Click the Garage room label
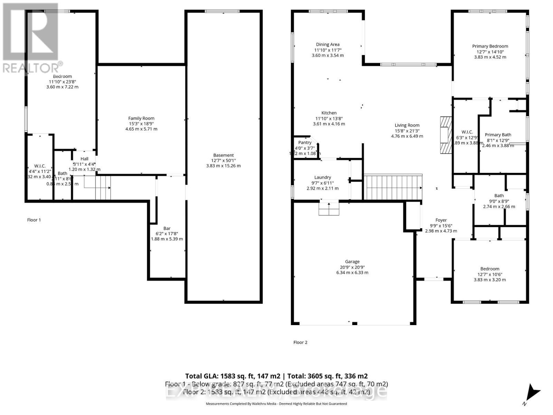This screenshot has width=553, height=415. pyautogui.click(x=352, y=262)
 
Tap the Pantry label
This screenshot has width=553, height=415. pyautogui.click(x=305, y=142)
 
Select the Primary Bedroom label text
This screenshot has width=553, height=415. pyautogui.click(x=490, y=46)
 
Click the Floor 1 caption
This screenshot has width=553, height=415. pyautogui.click(x=34, y=220)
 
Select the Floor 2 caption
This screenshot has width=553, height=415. pyautogui.click(x=300, y=342)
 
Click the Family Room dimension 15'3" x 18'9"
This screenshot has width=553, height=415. pyautogui.click(x=141, y=123)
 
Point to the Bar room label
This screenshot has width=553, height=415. pyautogui.click(x=167, y=228)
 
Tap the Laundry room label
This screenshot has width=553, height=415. pyautogui.click(x=322, y=177)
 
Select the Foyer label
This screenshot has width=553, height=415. pyautogui.click(x=441, y=220)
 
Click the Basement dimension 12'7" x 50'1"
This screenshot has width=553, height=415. pyautogui.click(x=223, y=160)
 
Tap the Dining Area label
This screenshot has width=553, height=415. pyautogui.click(x=327, y=44)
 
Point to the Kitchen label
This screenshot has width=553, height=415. pyautogui.click(x=329, y=113)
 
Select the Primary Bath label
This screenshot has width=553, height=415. pyautogui.click(x=498, y=135)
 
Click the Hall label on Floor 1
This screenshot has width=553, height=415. pyautogui.click(x=84, y=159)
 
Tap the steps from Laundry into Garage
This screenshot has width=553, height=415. pyautogui.click(x=328, y=208)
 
